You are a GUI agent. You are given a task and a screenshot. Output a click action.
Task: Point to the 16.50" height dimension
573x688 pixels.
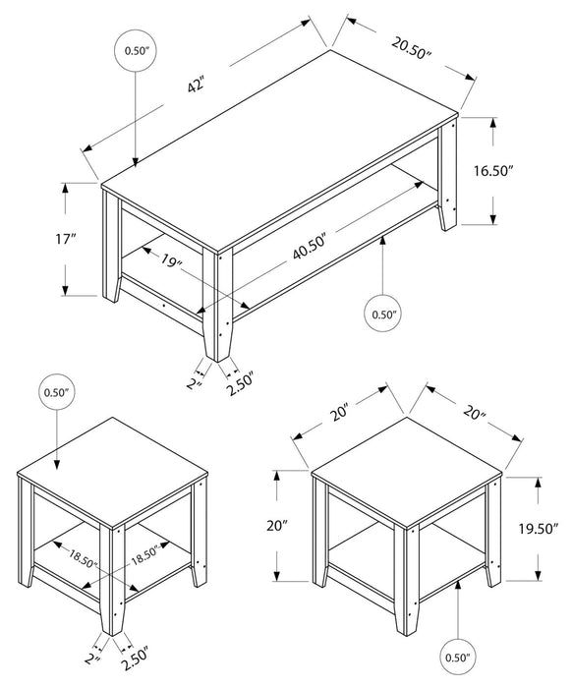(522, 170)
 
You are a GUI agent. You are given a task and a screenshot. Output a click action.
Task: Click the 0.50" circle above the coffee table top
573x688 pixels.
(135, 49)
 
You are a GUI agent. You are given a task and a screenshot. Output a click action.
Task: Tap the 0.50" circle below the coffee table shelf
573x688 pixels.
(382, 315)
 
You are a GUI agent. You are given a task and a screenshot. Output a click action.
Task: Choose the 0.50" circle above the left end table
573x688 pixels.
(58, 393)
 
